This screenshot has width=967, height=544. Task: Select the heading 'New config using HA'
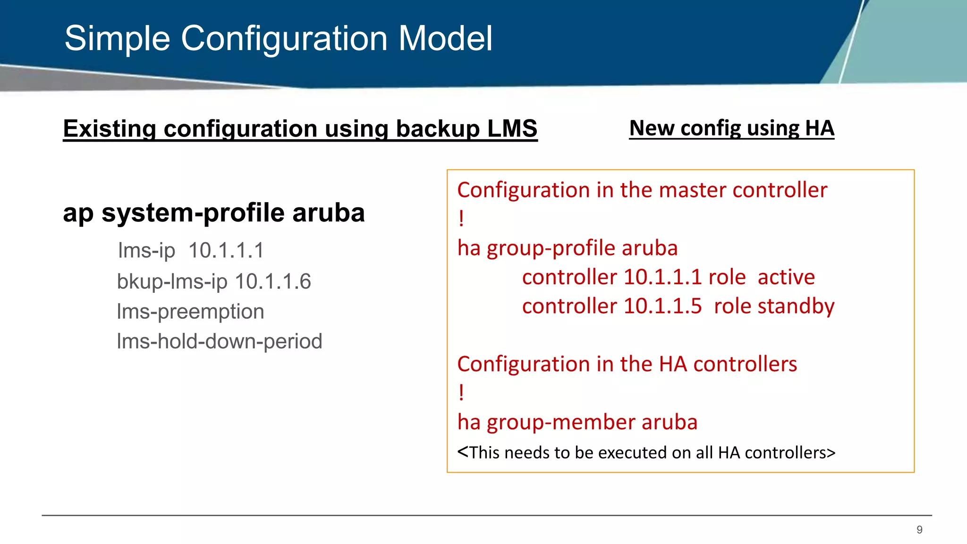pyautogui.click(x=731, y=128)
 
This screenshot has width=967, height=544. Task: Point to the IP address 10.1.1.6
pyautogui.click(x=273, y=281)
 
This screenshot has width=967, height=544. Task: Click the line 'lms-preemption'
pyautogui.click(x=190, y=312)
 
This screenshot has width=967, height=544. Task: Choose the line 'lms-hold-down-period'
pyautogui.click(x=219, y=341)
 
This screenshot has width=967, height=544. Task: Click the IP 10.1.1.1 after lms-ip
pyautogui.click(x=226, y=250)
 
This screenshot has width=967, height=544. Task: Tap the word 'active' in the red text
pyautogui.click(x=786, y=277)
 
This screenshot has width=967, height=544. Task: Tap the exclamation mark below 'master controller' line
pyautogui.click(x=461, y=219)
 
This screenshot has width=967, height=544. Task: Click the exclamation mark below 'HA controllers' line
pyautogui.click(x=461, y=393)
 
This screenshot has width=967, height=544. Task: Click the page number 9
pyautogui.click(x=919, y=530)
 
